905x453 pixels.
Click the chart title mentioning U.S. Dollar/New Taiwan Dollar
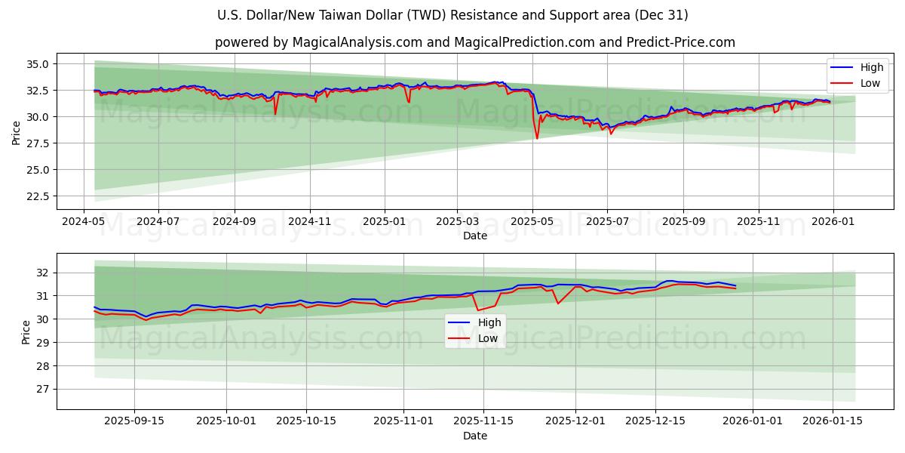452,15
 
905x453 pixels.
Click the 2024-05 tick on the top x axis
84,223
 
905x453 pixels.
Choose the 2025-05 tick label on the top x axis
532,223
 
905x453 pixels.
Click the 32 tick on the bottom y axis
43,273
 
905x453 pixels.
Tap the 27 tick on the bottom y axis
43,390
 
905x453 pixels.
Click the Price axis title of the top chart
17,132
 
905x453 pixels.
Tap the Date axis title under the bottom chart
475,436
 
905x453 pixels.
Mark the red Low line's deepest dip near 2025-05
537,138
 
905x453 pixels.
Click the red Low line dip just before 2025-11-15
477,310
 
